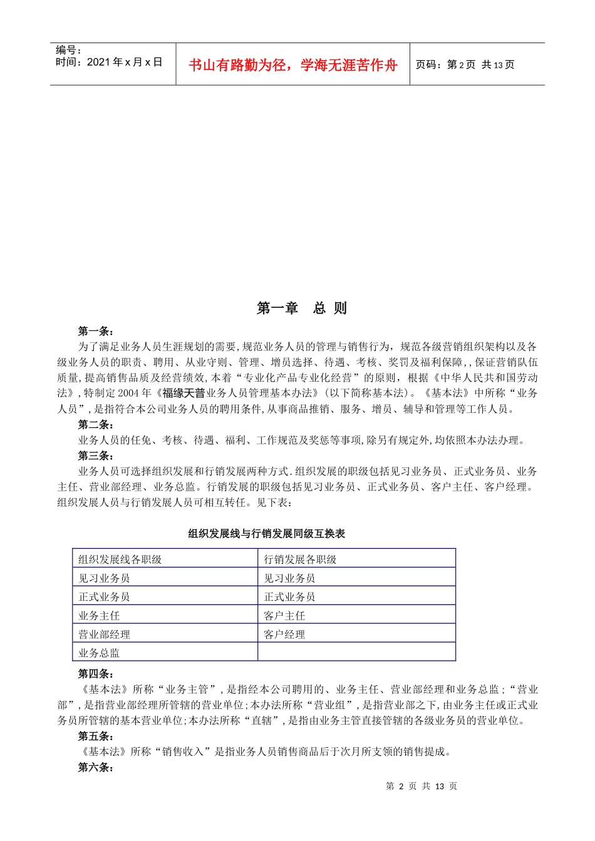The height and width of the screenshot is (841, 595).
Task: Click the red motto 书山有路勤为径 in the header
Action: (292, 65)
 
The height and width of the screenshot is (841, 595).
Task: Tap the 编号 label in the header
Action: (68, 50)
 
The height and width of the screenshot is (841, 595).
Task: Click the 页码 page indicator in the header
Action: (465, 64)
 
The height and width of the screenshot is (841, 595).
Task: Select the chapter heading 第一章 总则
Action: (301, 308)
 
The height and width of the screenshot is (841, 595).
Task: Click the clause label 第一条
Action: (95, 331)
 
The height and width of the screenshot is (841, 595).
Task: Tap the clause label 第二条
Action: (95, 425)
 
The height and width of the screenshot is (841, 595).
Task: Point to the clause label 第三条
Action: (95, 456)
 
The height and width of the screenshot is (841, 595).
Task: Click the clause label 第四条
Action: (95, 674)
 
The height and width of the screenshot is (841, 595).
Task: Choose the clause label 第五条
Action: (95, 736)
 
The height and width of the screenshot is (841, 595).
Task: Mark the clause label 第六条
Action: (95, 767)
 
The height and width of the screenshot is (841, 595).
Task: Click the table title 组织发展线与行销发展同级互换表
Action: (267, 534)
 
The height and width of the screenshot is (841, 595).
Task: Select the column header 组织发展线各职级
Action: (120, 559)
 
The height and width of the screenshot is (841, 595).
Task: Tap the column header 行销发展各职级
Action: (300, 559)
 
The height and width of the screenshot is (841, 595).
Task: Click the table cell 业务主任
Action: (99, 616)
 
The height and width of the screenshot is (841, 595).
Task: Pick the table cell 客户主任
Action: (284, 616)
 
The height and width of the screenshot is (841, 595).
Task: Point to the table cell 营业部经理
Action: (104, 635)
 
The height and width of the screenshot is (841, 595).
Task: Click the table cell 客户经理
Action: (284, 635)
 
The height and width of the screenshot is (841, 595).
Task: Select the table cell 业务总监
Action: (99, 653)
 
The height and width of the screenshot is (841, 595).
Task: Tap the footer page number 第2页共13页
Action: (422, 787)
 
